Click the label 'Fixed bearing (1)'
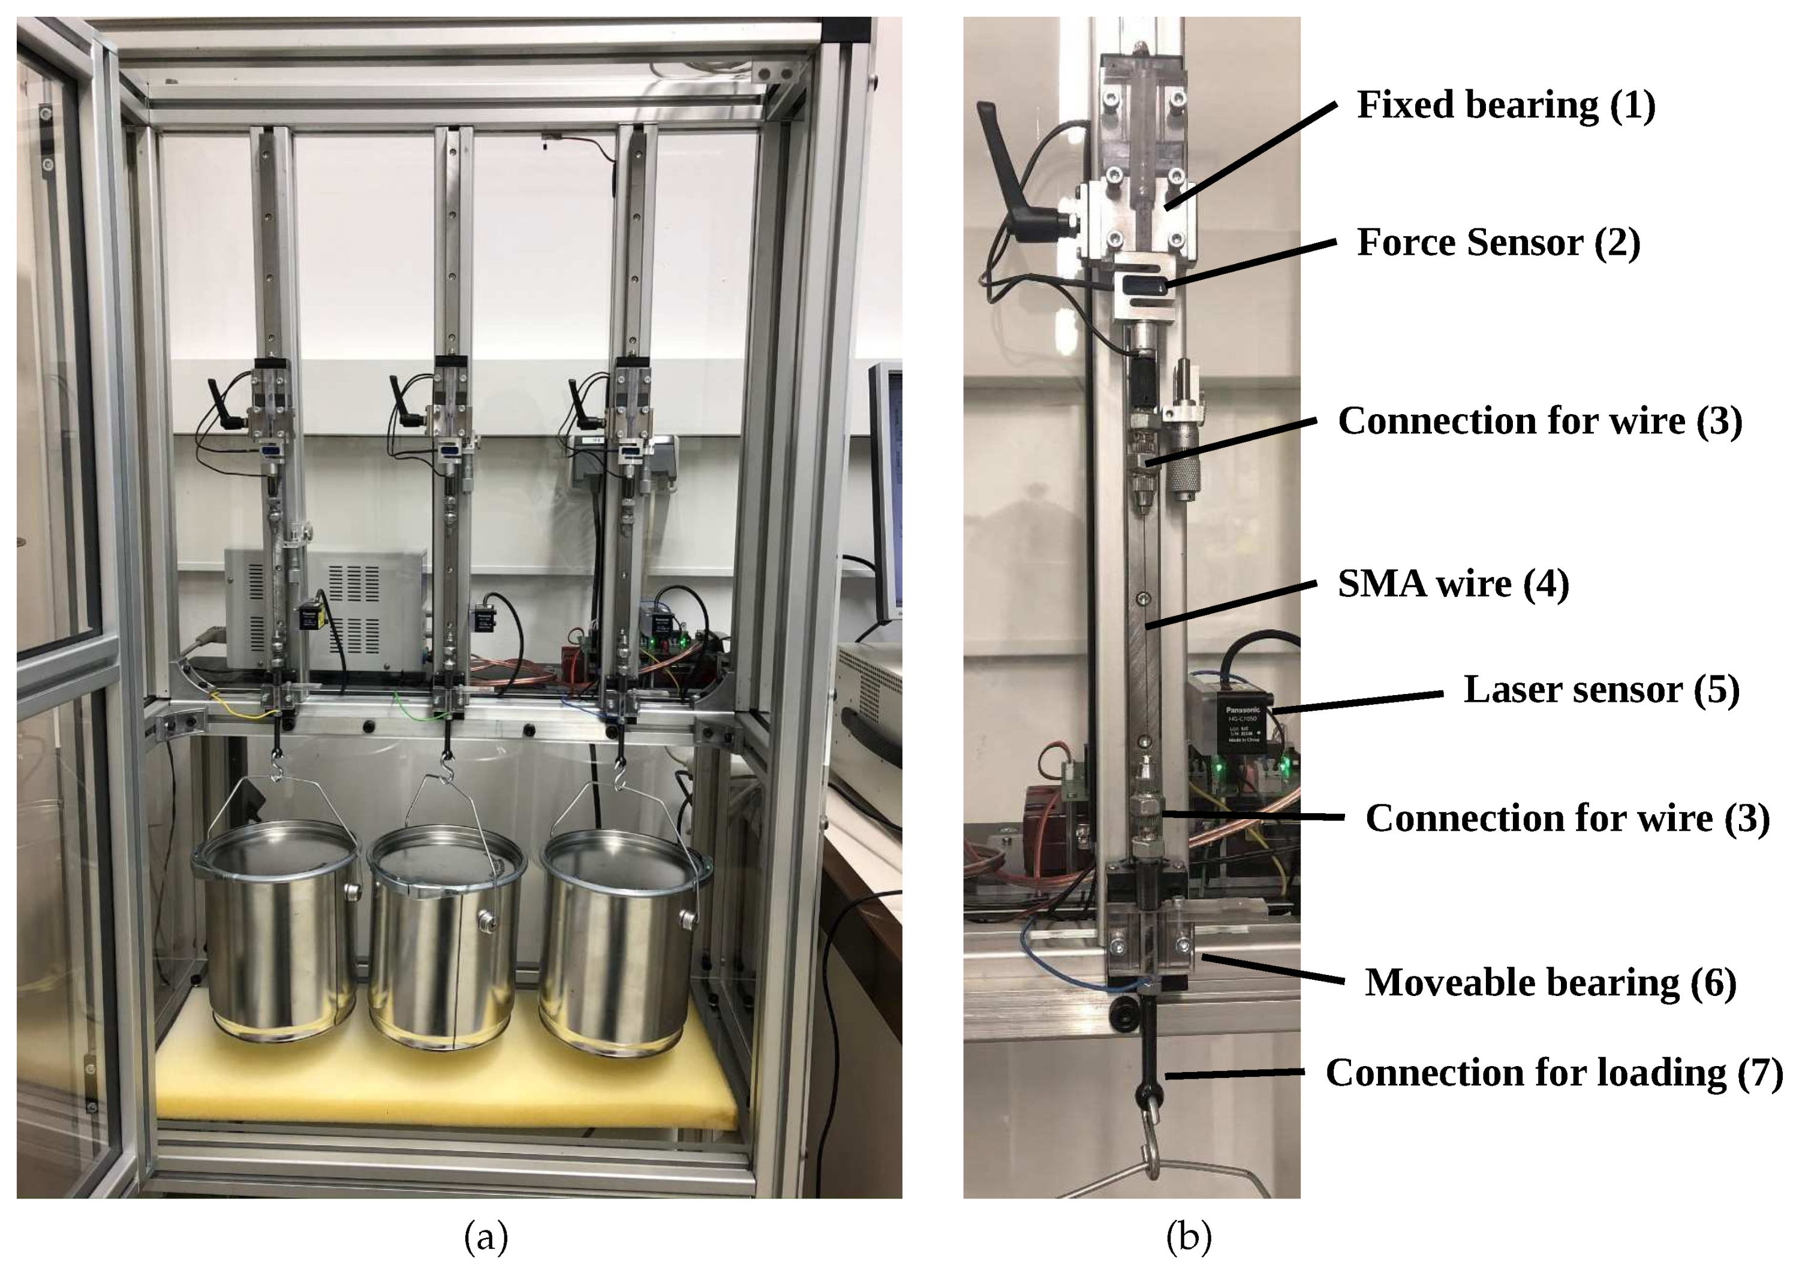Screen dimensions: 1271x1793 1505,105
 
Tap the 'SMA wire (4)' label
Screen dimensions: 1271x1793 1452,584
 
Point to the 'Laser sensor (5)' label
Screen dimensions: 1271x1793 1601,690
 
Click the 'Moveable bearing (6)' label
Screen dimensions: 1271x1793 1550,983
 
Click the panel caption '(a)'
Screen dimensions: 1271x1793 486,1238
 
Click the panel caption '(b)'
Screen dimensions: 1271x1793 1189,1238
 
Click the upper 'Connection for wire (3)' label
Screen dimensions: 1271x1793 1539,421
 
